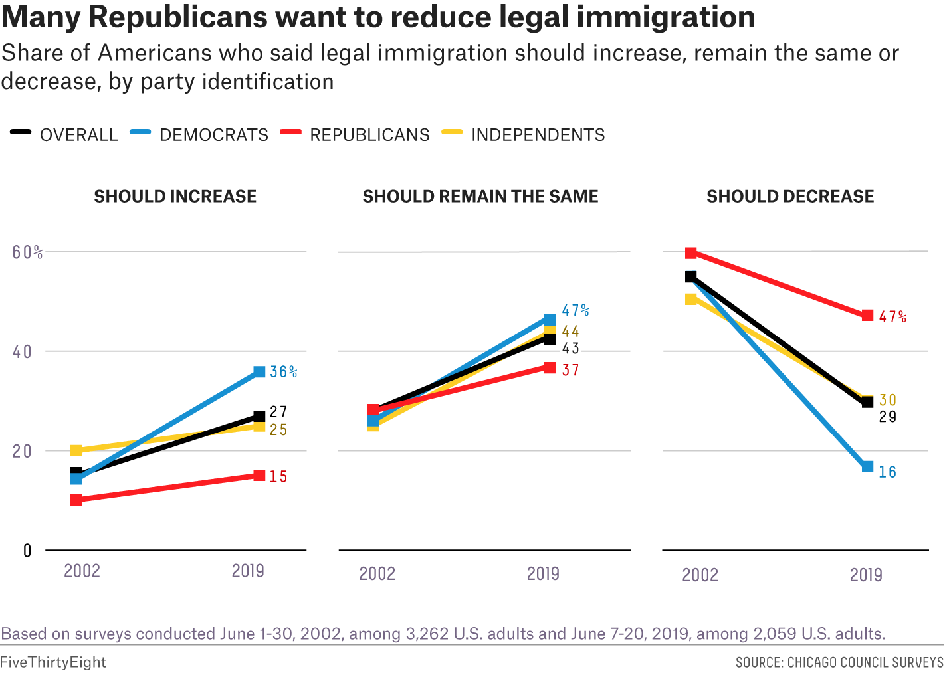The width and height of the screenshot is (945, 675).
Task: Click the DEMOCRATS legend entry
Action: tap(213, 135)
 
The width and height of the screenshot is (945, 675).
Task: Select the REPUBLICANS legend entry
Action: tap(369, 135)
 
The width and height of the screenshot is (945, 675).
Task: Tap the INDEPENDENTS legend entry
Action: tap(538, 135)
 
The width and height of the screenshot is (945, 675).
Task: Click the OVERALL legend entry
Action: tap(78, 135)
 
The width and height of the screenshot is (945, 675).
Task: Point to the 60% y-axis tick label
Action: tap(27, 252)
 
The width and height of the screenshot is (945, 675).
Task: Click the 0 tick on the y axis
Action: tap(27, 551)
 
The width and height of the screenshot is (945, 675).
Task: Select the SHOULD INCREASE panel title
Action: tap(175, 197)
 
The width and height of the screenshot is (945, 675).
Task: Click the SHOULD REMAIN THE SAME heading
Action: tap(480, 197)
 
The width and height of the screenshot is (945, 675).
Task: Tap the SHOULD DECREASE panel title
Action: tap(790, 197)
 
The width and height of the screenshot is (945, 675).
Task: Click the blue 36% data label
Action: tap(283, 372)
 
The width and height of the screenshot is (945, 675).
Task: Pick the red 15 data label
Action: tap(278, 476)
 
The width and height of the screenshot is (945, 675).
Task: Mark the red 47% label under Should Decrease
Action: tap(892, 317)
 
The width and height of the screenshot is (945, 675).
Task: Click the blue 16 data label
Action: tap(888, 472)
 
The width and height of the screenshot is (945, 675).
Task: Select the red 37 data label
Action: tap(571, 371)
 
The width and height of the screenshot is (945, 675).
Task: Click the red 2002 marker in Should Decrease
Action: tap(691, 253)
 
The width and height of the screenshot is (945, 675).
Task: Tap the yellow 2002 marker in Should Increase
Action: tap(76, 451)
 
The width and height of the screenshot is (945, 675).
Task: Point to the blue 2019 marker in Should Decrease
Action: tap(867, 467)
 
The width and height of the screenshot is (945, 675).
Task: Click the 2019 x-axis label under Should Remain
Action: tap(543, 573)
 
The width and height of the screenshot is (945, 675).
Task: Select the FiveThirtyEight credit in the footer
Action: tap(53, 662)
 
